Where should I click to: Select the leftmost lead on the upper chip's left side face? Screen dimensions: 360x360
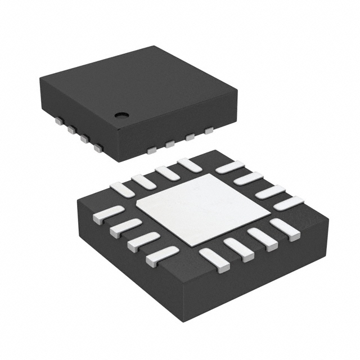pyautogui.click(x=58, y=120)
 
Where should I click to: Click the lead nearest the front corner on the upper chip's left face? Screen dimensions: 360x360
pyautogui.click(x=98, y=148)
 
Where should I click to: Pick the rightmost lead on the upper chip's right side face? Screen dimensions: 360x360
pyautogui.click(x=209, y=131)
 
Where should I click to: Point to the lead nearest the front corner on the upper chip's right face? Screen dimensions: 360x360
pyautogui.click(x=151, y=150)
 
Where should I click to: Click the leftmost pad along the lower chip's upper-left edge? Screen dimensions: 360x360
pyautogui.click(x=122, y=190)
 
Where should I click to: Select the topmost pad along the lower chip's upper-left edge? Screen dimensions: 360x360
pyautogui.click(x=188, y=165)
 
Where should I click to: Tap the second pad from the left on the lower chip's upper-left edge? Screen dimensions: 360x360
pyautogui.click(x=144, y=181)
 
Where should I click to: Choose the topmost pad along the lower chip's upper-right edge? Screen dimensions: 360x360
pyautogui.click(x=229, y=167)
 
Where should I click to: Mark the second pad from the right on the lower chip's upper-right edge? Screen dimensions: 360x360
pyautogui.click(x=270, y=192)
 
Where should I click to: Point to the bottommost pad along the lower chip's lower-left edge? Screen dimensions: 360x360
pyautogui.click(x=162, y=256)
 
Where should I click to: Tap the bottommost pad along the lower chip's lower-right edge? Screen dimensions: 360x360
pyautogui.click(x=214, y=260)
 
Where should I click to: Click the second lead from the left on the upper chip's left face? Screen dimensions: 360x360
pyautogui.click(x=72, y=130)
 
